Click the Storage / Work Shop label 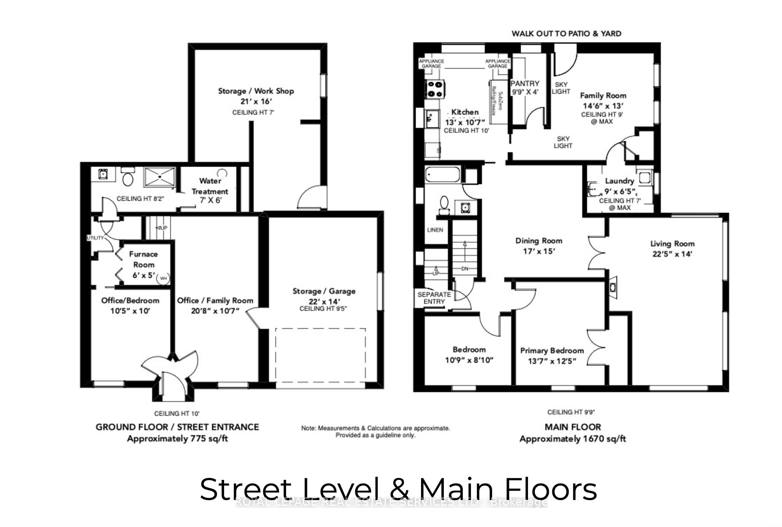(256, 91)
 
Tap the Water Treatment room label (210, 186)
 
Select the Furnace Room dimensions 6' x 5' (143, 275)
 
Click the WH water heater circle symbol (164, 278)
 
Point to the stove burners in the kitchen (435, 89)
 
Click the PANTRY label (525, 83)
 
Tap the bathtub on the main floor (442, 175)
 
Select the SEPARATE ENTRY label (434, 298)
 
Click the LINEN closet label (435, 230)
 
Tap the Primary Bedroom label (552, 351)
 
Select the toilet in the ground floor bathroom (128, 177)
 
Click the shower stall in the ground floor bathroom (159, 177)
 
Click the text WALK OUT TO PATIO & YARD (566, 33)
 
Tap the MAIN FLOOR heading (572, 427)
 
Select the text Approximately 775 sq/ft (177, 439)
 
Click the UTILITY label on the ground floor (95, 238)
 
